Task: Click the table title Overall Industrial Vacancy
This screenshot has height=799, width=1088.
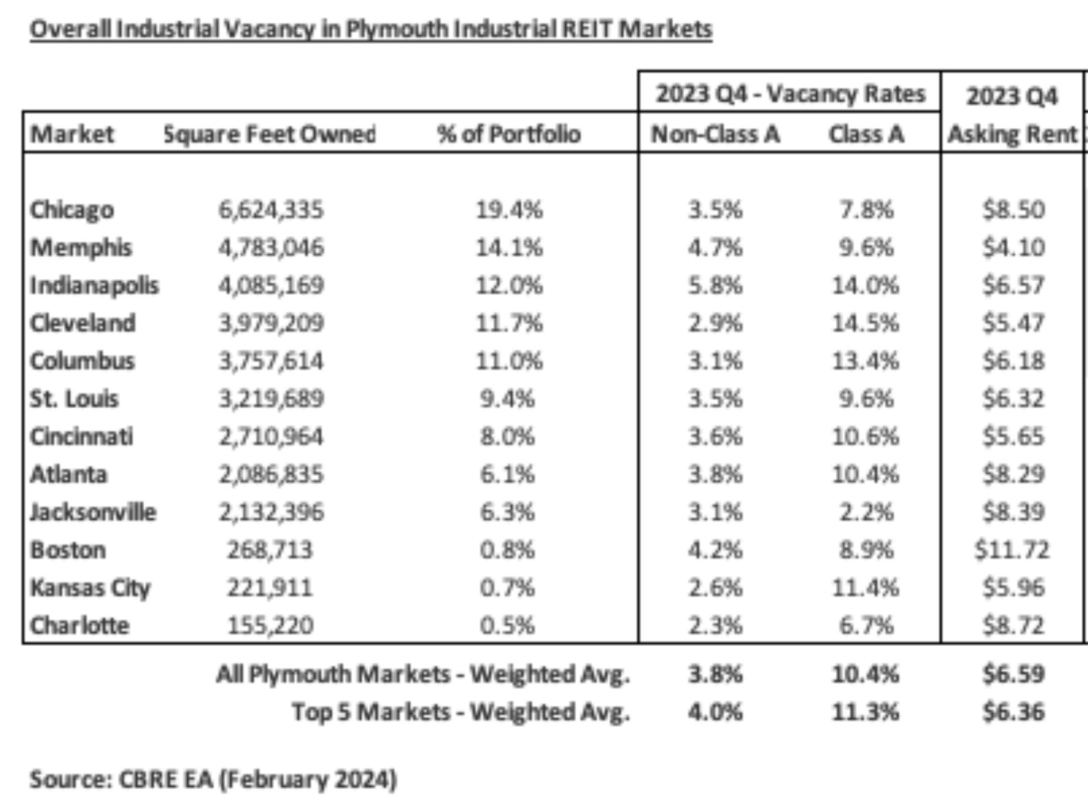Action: pos(371,30)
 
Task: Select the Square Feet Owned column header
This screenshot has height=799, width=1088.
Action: pos(270,134)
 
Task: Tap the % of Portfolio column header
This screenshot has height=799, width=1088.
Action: pos(509,134)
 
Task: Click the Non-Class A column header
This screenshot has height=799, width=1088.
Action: pos(715,134)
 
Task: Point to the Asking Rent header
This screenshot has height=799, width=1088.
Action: pos(1012,134)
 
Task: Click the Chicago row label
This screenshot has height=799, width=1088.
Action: pos(72,210)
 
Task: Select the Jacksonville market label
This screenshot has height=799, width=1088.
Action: pos(93,512)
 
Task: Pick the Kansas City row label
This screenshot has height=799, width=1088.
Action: pos(90,588)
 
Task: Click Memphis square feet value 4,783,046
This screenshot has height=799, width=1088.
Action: pos(270,248)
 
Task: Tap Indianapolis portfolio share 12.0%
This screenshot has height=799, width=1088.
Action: pos(509,285)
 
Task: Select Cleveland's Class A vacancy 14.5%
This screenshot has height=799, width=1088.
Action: pos(865,323)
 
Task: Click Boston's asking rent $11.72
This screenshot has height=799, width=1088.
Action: pos(1012,550)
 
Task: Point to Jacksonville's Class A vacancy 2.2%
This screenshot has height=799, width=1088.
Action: pos(865,512)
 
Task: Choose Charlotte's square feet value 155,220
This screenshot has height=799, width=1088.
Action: pos(270,626)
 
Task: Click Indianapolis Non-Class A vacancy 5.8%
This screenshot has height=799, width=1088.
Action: pos(715,285)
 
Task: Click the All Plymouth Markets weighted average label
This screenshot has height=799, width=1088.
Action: pos(422,674)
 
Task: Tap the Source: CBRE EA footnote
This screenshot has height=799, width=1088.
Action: pos(213,780)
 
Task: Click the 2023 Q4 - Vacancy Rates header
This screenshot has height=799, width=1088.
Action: pos(790,95)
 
